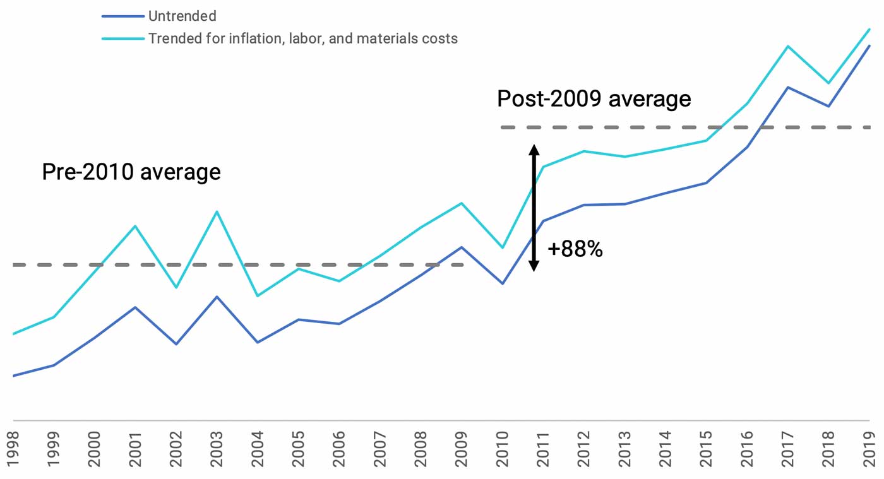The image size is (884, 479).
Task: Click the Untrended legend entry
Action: click(x=182, y=16)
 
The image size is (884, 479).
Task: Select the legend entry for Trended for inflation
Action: click(x=302, y=38)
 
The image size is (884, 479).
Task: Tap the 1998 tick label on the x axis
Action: click(x=13, y=447)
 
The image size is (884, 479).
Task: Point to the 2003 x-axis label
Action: click(x=217, y=447)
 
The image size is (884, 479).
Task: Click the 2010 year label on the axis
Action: click(x=503, y=447)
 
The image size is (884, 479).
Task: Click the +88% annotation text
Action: click(x=575, y=249)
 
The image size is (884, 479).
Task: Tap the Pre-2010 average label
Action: click(x=131, y=172)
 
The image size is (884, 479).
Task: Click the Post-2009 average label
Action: click(x=594, y=99)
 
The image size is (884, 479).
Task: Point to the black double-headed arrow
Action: click(x=534, y=208)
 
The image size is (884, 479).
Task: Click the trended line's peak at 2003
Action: click(x=217, y=211)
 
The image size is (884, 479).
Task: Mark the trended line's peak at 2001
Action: click(x=135, y=226)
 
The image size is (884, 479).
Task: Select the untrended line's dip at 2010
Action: click(x=503, y=283)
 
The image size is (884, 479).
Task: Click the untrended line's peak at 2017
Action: click(x=788, y=87)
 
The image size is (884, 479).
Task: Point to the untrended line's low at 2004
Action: click(x=258, y=342)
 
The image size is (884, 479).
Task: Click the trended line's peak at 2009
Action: click(x=462, y=203)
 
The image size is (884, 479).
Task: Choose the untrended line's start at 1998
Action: click(x=13, y=376)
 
